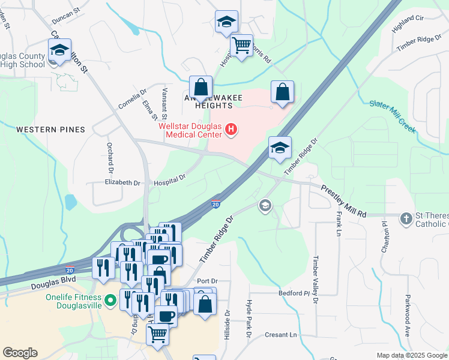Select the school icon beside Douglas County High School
tap(60, 51)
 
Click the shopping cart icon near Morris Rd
tap(241, 45)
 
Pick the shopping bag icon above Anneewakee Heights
tap(201, 87)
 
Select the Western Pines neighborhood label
tap(50, 130)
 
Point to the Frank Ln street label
tap(339, 223)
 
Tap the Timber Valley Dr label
tap(315, 280)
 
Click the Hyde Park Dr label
tap(247, 319)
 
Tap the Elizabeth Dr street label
tap(122, 182)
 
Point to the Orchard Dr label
tap(110, 155)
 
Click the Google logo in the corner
tap(20, 353)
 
